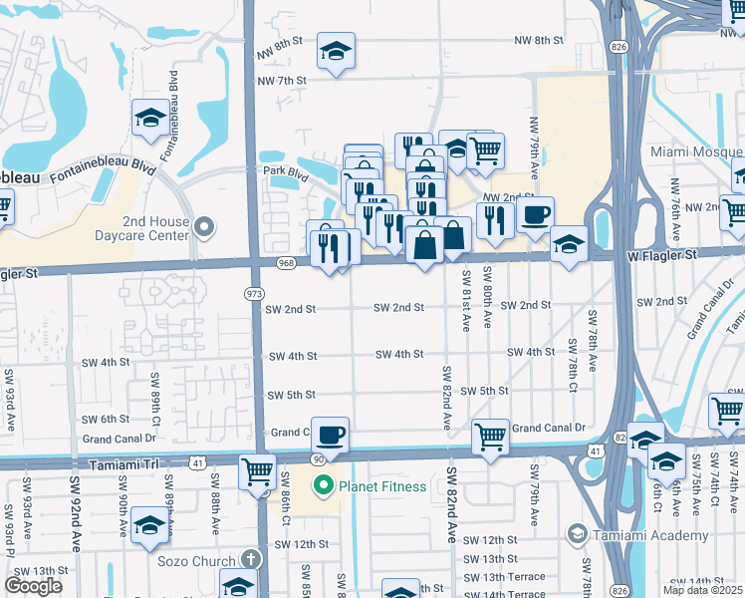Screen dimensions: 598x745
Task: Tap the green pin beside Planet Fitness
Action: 323,486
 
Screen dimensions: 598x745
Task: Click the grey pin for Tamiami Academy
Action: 576,535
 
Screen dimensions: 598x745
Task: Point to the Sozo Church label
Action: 196,562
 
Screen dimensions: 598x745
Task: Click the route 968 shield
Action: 286,263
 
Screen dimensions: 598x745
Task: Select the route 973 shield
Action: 254,293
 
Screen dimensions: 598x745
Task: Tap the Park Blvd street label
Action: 286,173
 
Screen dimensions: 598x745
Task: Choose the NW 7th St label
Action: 282,81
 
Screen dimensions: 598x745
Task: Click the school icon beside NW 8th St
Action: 336,51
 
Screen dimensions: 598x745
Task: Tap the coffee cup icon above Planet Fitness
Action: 330,435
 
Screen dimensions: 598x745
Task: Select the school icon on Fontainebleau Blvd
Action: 150,118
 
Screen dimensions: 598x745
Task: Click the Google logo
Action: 33,586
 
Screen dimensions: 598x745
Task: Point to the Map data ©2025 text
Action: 703,590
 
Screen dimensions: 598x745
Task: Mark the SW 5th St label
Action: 291,395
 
